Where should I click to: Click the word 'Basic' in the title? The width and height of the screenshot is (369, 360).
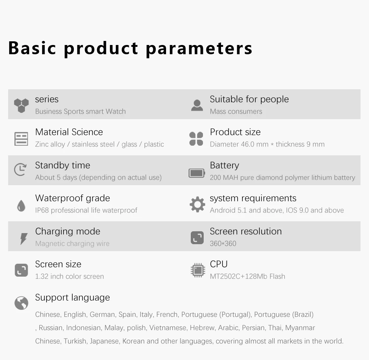pyautogui.click(x=32, y=48)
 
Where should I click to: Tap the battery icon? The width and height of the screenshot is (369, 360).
pyautogui.click(x=197, y=173)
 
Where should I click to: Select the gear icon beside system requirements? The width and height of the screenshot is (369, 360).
pyautogui.click(x=197, y=204)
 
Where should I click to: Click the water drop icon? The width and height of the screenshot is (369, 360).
pyautogui.click(x=21, y=206)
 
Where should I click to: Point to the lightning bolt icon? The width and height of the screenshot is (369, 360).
pyautogui.click(x=24, y=239)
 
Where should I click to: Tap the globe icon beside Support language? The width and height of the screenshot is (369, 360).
pyautogui.click(x=21, y=303)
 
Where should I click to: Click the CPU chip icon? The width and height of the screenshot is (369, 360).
pyautogui.click(x=198, y=270)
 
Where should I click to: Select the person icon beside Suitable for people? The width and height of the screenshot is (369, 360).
pyautogui.click(x=197, y=105)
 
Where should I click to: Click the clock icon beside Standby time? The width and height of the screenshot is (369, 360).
pyautogui.click(x=20, y=169)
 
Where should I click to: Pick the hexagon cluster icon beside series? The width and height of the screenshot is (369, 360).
pyautogui.click(x=21, y=105)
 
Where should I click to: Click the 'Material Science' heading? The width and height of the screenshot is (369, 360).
pyautogui.click(x=69, y=132)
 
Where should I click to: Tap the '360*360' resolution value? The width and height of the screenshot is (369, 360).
pyautogui.click(x=223, y=243)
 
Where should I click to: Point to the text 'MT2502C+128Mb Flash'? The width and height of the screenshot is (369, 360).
pyautogui.click(x=247, y=276)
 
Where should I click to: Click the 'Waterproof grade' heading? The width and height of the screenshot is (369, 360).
pyautogui.click(x=72, y=198)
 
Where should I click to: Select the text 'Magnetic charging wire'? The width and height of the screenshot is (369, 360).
pyautogui.click(x=72, y=243)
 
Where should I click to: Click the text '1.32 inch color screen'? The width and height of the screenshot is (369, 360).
pyautogui.click(x=69, y=276)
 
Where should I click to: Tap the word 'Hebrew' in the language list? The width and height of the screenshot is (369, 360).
pyautogui.click(x=203, y=328)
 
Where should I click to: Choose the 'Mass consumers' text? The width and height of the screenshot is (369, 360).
pyautogui.click(x=236, y=111)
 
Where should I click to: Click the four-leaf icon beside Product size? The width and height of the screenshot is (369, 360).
pyautogui.click(x=196, y=139)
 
